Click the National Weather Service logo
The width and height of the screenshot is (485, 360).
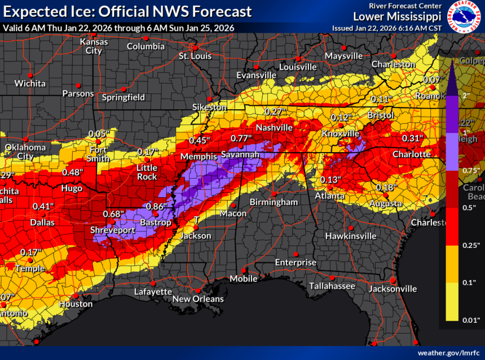point(465,17)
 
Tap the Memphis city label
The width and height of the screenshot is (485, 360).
point(199,156)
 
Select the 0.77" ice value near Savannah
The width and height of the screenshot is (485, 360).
point(241,138)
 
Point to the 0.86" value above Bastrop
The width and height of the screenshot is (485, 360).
point(156,206)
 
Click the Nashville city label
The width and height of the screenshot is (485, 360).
point(274,127)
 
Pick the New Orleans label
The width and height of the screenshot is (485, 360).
point(198,299)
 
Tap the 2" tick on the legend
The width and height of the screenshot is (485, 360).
point(466,95)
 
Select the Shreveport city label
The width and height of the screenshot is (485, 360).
point(113,230)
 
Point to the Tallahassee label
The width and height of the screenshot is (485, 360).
point(332,286)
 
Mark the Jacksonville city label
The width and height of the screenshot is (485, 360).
point(393,288)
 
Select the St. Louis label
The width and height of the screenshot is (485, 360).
point(195,56)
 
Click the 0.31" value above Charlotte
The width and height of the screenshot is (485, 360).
point(412,139)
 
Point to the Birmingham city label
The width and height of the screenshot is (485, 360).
point(275,202)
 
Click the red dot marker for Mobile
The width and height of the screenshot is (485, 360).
point(244,269)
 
